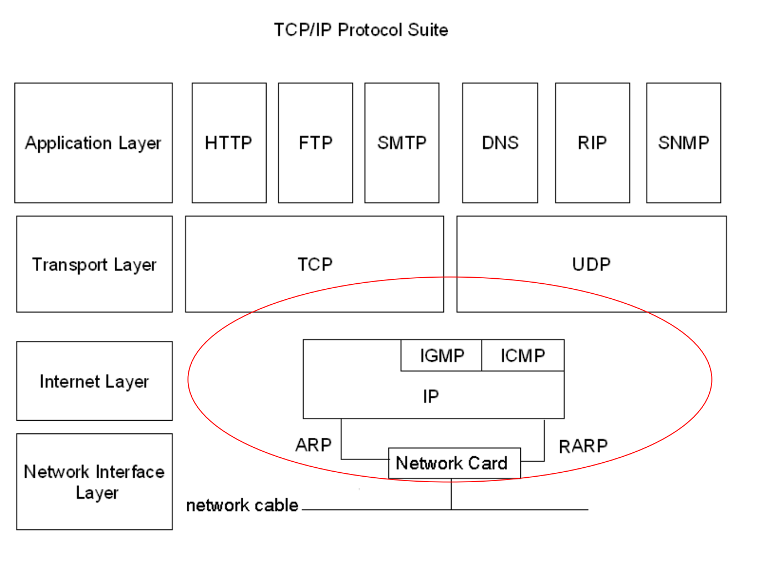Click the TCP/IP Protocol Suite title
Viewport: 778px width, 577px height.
click(361, 30)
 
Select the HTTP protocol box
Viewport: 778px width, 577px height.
click(229, 143)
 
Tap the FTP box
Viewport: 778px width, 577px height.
click(315, 143)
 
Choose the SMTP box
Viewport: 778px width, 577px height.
click(402, 143)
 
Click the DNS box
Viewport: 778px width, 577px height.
click(500, 143)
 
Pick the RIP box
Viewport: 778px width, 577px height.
click(592, 143)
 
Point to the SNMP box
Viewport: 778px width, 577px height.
click(683, 143)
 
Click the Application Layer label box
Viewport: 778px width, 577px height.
click(94, 143)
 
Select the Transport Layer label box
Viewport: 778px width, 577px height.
click(94, 264)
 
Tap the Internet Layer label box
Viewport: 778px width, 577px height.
click(94, 381)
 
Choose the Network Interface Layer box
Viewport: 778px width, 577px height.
click(94, 482)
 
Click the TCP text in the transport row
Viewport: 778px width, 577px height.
click(315, 264)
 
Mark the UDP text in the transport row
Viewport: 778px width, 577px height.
click(591, 264)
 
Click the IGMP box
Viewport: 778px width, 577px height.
click(442, 355)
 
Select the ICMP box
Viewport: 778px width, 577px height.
click(523, 355)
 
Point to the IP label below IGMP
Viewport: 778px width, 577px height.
click(431, 396)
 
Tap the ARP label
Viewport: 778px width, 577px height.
click(313, 445)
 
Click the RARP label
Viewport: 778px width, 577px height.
click(583, 446)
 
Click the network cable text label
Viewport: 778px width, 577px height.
click(242, 505)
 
